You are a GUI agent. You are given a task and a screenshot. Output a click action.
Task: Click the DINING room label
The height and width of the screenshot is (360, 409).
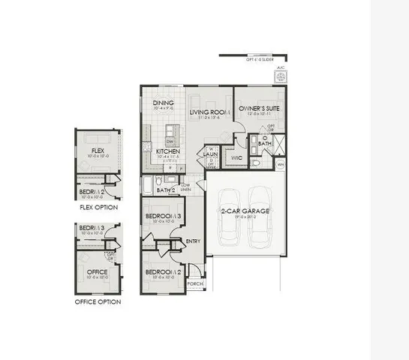coord(164,103)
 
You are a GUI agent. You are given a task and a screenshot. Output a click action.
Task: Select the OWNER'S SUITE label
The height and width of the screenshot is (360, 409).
coord(259,109)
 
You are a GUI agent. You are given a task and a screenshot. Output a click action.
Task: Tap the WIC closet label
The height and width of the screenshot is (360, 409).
coord(236,158)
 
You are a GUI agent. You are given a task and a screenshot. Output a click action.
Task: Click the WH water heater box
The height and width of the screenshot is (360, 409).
coord(281,164)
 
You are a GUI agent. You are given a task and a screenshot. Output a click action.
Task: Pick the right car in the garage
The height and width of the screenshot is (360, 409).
coord(261,217)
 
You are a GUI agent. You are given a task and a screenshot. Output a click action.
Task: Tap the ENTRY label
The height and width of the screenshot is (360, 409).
coord(193,241)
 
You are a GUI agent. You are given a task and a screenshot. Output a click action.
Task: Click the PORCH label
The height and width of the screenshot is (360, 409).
coord(194,284)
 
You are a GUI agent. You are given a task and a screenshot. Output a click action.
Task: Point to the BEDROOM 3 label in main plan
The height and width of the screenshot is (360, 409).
coord(164,216)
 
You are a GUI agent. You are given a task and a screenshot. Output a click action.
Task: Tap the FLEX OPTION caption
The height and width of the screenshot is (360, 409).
coord(98,206)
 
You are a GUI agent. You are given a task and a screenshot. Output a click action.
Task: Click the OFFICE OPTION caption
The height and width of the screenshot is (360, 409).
coord(98,301)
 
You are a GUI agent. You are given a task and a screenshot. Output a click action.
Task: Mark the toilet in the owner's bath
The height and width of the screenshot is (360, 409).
coord(256,161)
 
